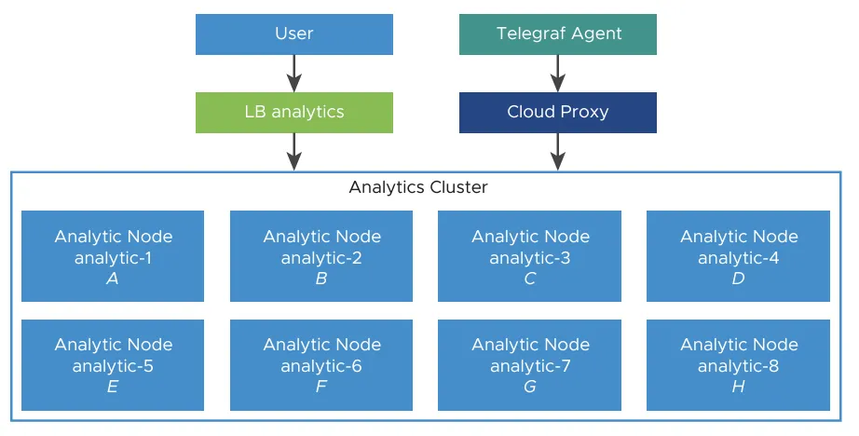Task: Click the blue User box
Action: pyautogui.click(x=293, y=34)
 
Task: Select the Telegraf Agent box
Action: pyautogui.click(x=557, y=34)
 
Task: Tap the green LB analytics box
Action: pyautogui.click(x=293, y=112)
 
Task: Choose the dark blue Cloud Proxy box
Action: pyautogui.click(x=557, y=112)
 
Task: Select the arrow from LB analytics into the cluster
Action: pyautogui.click(x=293, y=151)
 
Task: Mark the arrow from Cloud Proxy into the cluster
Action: pyautogui.click(x=557, y=151)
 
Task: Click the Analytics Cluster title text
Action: pyautogui.click(x=418, y=187)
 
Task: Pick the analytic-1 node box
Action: pyautogui.click(x=113, y=256)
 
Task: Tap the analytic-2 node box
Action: pyautogui.click(x=321, y=256)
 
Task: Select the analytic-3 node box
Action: pyautogui.click(x=529, y=256)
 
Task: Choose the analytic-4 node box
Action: pyautogui.click(x=738, y=256)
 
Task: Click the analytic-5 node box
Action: pyautogui.click(x=113, y=364)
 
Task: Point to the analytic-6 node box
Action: pyautogui.click(x=321, y=364)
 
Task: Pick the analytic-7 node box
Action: pyautogui.click(x=529, y=364)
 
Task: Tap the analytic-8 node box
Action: pyautogui.click(x=738, y=364)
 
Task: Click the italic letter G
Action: pyautogui.click(x=530, y=387)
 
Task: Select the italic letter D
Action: pyautogui.click(x=739, y=279)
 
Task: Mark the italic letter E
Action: pyautogui.click(x=113, y=387)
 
